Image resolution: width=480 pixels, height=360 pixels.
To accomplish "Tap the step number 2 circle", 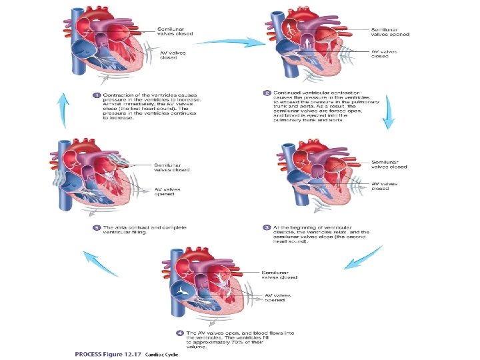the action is (267, 92).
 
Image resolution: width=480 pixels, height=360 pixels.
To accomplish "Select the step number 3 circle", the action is (267, 227).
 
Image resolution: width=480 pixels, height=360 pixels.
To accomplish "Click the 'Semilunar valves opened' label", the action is (390, 31).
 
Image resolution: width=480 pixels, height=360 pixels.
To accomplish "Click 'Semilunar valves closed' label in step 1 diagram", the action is (175, 31).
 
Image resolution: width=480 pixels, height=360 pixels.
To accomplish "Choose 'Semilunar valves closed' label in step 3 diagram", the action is (389, 165).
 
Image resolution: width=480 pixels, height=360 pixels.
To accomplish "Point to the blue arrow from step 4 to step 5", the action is (99, 265).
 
